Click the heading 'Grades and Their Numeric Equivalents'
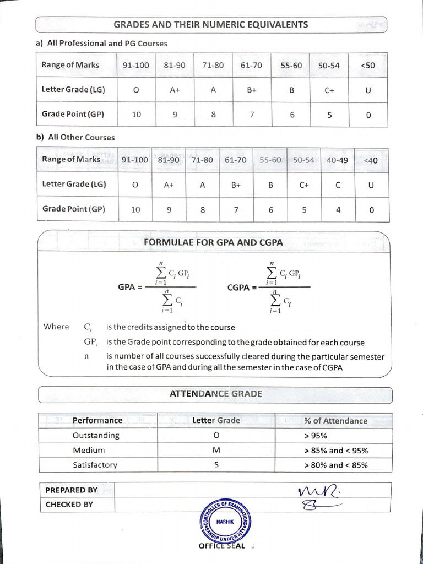tap(210, 25)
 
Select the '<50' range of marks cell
tap(368, 65)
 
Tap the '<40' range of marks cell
tap(371, 160)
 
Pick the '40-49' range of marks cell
tap(338, 160)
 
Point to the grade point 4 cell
tap(338, 210)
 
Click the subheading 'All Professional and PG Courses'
tap(101, 43)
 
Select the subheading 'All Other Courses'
tap(75, 137)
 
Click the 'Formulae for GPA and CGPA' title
tap(213, 242)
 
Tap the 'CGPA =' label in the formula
tap(242, 287)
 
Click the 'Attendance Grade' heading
tap(215, 394)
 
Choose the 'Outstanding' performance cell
tap(96, 436)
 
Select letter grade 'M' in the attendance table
tap(216, 451)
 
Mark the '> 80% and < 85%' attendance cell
tap(335, 465)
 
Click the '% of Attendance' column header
tap(335, 421)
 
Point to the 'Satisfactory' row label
tap(95, 465)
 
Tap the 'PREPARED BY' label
tap(71, 490)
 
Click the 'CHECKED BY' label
tap(69, 505)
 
